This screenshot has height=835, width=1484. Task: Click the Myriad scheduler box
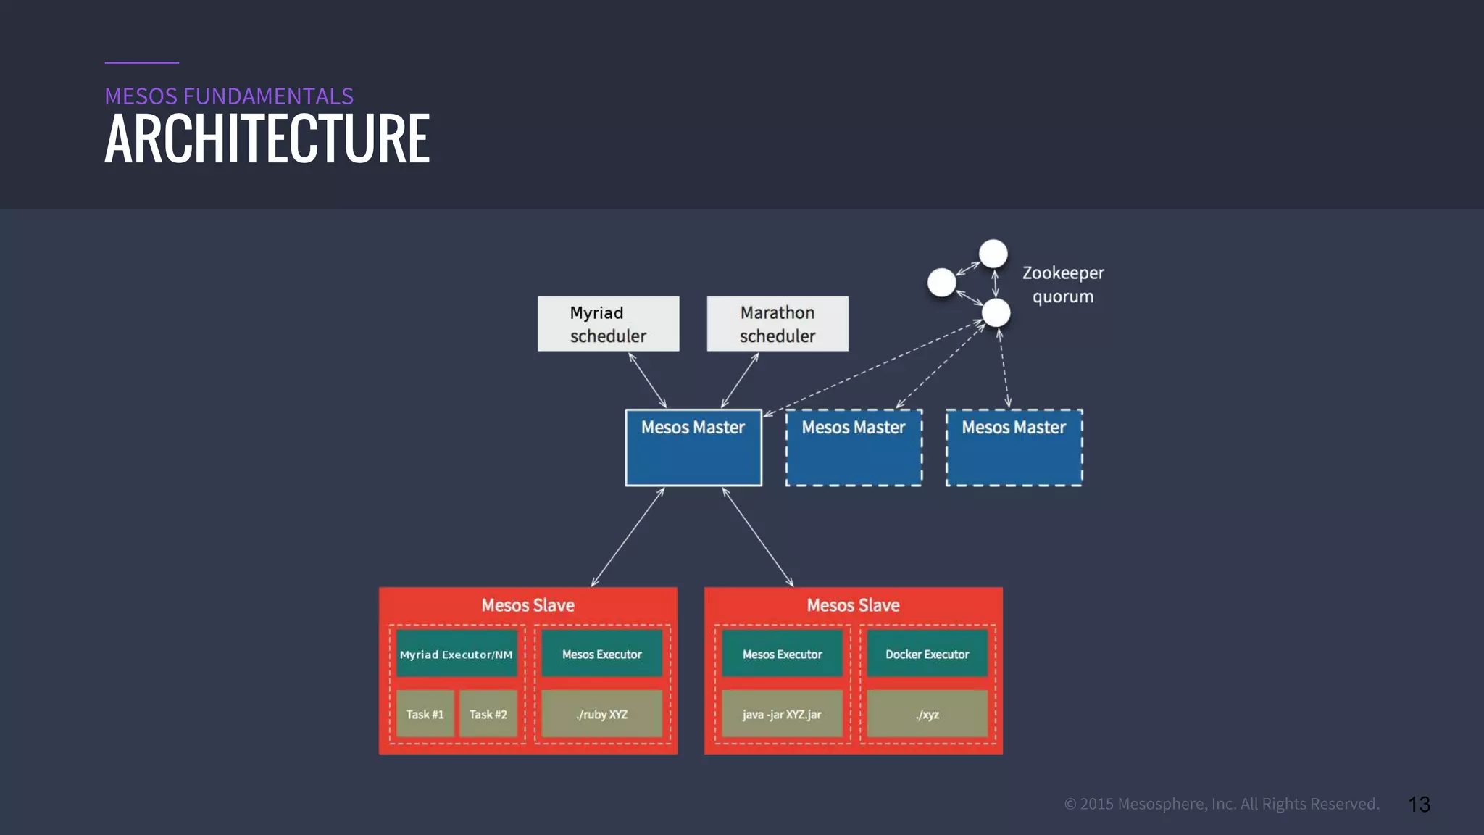point(608,323)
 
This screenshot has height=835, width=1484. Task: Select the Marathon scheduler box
point(778,323)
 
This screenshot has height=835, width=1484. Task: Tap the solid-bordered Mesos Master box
point(693,448)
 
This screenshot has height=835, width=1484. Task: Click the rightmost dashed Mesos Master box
point(1014,448)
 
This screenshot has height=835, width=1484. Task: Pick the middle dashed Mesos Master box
point(854,448)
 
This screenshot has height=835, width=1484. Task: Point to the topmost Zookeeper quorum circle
point(993,254)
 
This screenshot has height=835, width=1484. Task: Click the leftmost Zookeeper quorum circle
point(941,282)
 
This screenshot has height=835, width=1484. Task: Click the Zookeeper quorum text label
point(1063,284)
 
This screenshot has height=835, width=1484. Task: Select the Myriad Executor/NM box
point(456,654)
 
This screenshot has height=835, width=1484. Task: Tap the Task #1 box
point(425,714)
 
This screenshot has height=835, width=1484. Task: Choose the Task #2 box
point(488,714)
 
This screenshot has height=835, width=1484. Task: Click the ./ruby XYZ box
point(601,714)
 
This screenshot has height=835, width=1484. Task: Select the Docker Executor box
point(927,654)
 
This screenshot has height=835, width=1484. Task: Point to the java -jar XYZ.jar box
point(782,714)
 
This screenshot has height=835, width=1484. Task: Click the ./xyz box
point(927,714)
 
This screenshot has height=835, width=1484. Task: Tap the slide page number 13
point(1419,805)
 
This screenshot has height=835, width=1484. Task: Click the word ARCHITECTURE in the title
point(267,138)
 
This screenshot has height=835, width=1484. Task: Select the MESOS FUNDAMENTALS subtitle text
point(229,96)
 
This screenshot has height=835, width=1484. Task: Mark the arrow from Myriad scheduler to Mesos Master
point(647,380)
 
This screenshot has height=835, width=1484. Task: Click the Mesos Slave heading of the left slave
point(528,605)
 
